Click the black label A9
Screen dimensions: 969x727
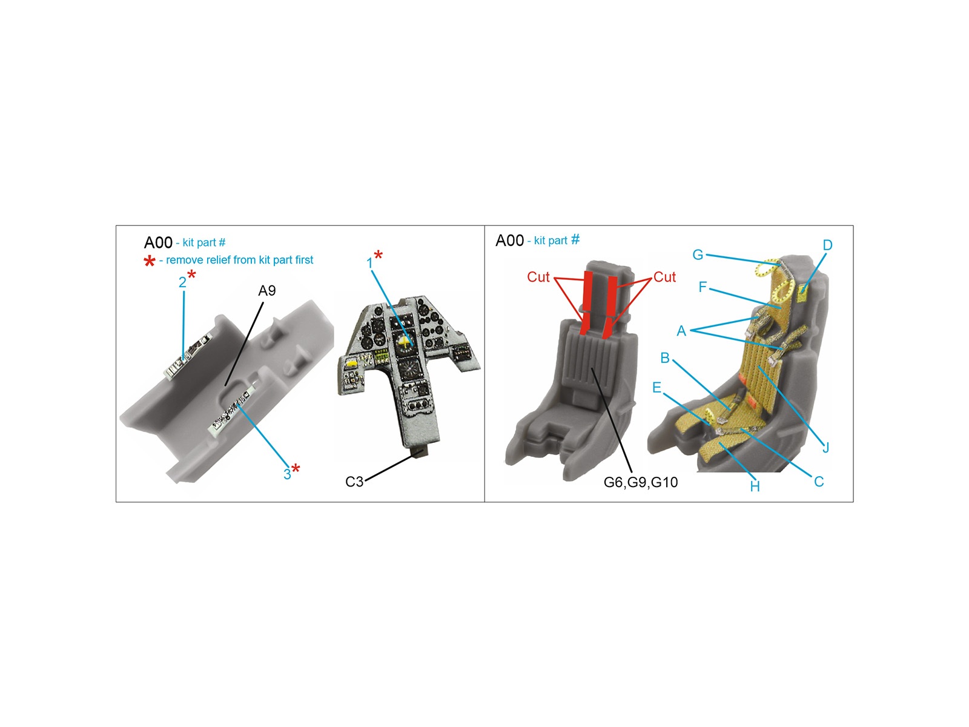click(266, 290)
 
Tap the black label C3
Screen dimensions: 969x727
click(354, 482)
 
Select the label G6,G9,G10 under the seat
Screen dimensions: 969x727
click(641, 482)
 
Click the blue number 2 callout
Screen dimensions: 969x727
click(182, 282)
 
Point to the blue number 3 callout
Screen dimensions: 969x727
click(287, 474)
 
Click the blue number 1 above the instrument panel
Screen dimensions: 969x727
click(369, 264)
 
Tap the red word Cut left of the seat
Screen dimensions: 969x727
click(538, 277)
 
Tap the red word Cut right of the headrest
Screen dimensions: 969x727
click(664, 277)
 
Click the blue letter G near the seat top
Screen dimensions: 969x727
click(698, 254)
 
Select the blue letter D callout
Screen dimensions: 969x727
click(827, 245)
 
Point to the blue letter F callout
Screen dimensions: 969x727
click(703, 287)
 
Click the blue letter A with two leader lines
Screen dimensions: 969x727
click(681, 331)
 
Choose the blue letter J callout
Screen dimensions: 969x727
click(825, 448)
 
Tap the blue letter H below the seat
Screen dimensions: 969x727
click(755, 486)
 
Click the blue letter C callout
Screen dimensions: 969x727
click(819, 482)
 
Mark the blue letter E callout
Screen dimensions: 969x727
click(657, 388)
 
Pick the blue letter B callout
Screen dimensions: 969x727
click(665, 358)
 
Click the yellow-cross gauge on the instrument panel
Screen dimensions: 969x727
click(405, 342)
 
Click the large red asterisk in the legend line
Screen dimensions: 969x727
click(150, 261)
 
